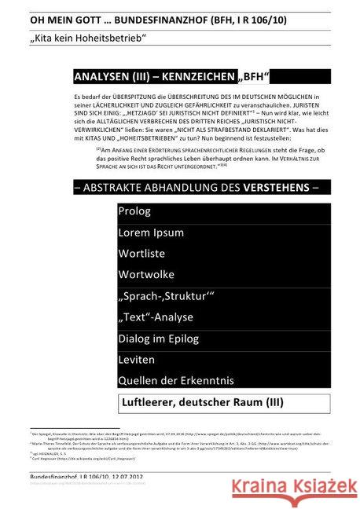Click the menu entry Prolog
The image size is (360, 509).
134,211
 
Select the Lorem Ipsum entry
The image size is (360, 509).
151,233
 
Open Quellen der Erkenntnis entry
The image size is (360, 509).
180,381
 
